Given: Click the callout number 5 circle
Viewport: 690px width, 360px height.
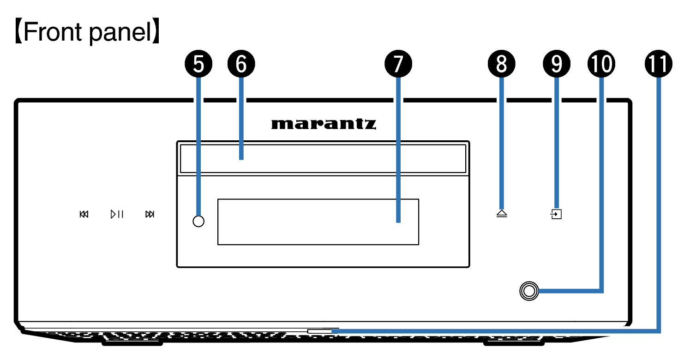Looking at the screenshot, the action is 198,64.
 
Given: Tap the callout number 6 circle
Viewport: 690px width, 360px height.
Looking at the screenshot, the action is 241,64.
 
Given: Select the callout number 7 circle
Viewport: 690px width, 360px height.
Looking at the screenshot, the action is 398,64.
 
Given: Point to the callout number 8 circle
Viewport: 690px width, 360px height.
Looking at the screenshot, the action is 502,64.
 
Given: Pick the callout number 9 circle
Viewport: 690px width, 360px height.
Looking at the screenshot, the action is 556,64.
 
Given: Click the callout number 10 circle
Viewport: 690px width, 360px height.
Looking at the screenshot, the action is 601,64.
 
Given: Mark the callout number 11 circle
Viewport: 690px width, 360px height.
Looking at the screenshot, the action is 659,64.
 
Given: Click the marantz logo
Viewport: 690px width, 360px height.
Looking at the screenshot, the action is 324,124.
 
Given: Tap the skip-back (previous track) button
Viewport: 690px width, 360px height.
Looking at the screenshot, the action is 84,214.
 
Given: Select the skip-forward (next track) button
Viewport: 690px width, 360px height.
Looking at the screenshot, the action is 150,214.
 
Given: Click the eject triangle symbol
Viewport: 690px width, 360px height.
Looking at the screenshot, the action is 502,214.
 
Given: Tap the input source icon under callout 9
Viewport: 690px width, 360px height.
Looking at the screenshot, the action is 556,214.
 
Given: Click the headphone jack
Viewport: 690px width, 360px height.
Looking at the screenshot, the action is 529,291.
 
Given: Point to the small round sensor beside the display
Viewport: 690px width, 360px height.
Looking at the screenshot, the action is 198,221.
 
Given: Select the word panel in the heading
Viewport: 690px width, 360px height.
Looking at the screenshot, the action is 120,32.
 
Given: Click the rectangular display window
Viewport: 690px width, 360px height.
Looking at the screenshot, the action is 318,222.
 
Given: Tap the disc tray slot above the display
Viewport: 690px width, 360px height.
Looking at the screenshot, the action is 323,159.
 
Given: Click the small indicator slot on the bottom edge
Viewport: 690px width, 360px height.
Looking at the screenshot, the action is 319,331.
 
